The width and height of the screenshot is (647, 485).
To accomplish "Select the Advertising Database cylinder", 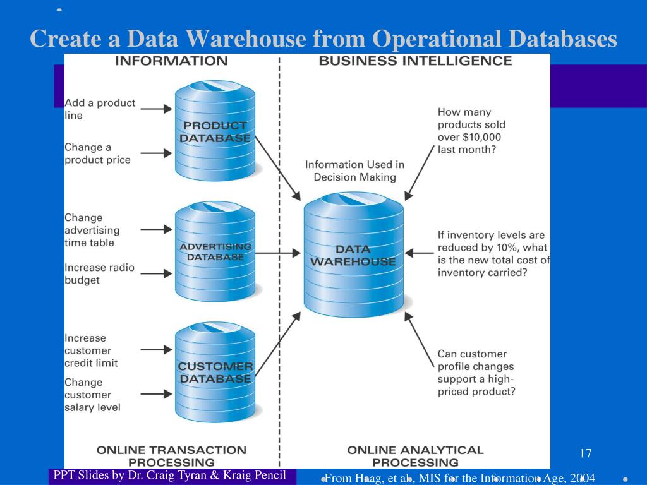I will click(x=215, y=252).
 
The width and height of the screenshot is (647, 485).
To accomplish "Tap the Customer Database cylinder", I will click(x=215, y=373).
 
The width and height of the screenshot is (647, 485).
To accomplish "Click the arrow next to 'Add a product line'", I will click(x=155, y=109).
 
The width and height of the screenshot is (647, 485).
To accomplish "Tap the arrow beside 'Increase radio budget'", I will click(x=155, y=273).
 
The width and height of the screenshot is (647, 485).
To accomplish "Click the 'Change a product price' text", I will click(x=97, y=153).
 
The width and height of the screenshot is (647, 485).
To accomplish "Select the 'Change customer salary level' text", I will click(x=92, y=395).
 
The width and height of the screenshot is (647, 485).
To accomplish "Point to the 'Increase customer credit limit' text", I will click(x=91, y=350).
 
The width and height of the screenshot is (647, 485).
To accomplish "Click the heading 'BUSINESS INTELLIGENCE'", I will click(x=415, y=61).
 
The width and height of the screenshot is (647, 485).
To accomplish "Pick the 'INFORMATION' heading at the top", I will click(x=171, y=61).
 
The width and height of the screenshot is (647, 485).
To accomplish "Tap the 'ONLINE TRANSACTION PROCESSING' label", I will click(x=171, y=456).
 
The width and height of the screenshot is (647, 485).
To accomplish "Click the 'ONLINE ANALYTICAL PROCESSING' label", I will click(x=415, y=456).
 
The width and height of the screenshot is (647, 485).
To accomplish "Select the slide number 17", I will click(x=585, y=453).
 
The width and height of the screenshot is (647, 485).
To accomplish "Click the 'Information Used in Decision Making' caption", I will click(x=354, y=171).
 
